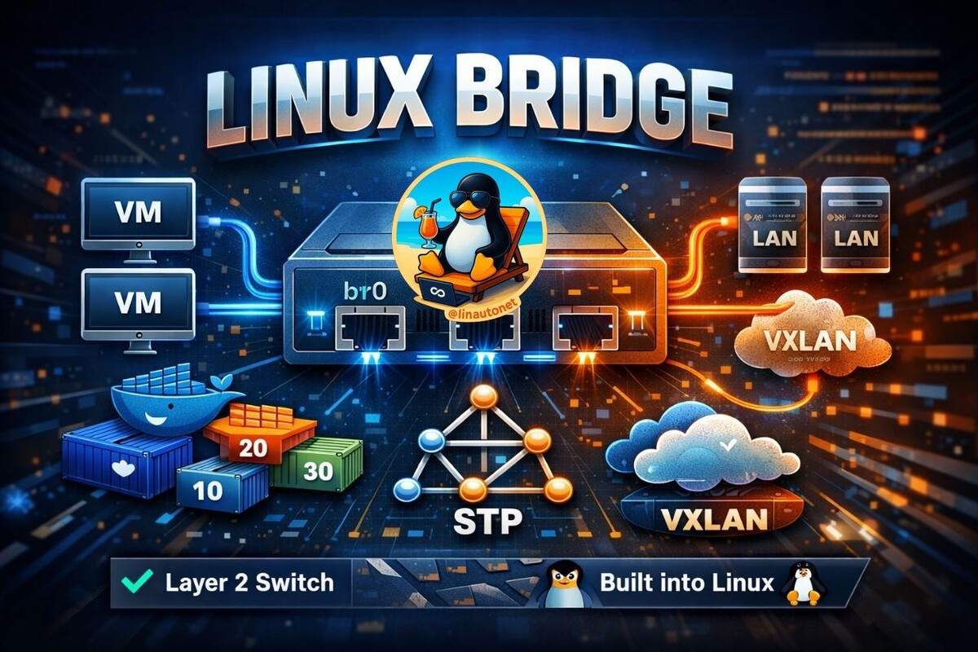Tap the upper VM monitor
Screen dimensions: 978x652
point(139,214)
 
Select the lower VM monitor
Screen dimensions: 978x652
point(139,303)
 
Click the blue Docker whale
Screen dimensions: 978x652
point(167,403)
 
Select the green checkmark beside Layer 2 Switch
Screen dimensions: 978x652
point(133,582)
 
